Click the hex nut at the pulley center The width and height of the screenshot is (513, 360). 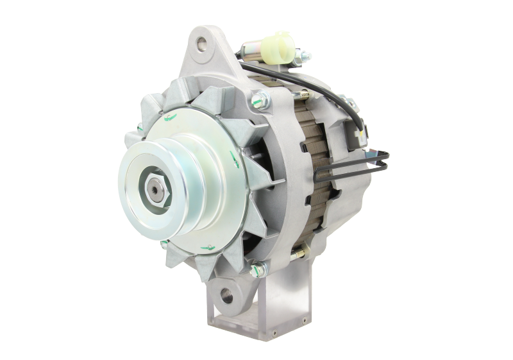156,187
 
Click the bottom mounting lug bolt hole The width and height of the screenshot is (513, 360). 226,296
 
